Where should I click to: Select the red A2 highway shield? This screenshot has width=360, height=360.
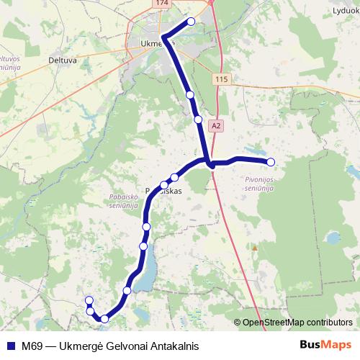216,125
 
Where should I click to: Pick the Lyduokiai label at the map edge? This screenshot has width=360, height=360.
344,11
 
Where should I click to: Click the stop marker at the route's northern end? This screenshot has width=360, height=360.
191,22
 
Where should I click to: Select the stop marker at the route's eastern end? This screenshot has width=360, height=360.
271,161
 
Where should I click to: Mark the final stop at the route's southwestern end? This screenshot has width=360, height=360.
89,300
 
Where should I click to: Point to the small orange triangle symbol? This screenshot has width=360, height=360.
253,248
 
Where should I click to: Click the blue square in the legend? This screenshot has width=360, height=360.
10,346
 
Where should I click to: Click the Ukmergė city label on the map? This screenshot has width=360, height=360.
153,43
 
